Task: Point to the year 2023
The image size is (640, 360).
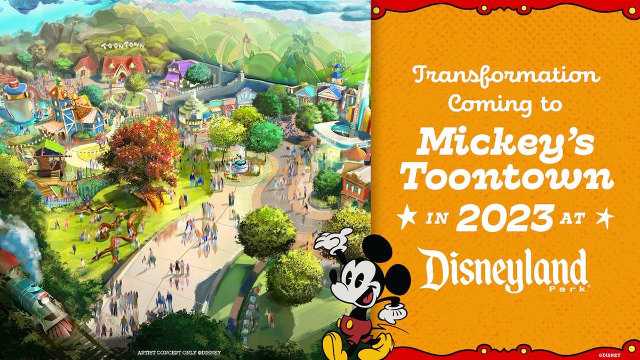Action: coord(505,219)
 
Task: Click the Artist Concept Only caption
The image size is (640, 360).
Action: coord(179,353)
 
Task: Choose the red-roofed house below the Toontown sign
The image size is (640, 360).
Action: coord(123,68)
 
